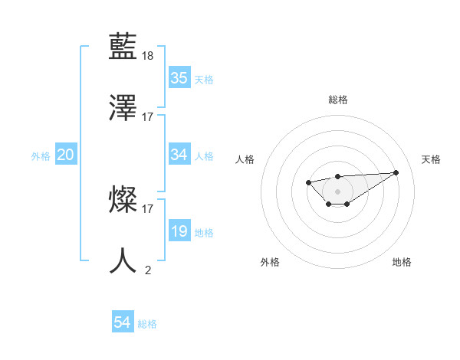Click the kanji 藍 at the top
(124, 48)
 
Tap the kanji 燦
(124, 201)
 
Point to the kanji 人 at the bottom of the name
(124, 260)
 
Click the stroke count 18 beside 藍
(148, 56)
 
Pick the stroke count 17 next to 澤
(148, 116)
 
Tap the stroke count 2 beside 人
(148, 269)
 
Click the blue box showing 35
(179, 78)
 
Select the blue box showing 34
(179, 155)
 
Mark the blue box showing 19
(179, 231)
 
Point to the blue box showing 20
(65, 155)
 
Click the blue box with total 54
(122, 323)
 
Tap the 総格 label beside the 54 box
(147, 324)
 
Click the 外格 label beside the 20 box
(41, 156)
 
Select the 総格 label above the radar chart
(337, 100)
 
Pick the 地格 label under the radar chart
(402, 262)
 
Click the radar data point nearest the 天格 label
(396, 172)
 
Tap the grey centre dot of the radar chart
(337, 191)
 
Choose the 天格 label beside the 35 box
(204, 79)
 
